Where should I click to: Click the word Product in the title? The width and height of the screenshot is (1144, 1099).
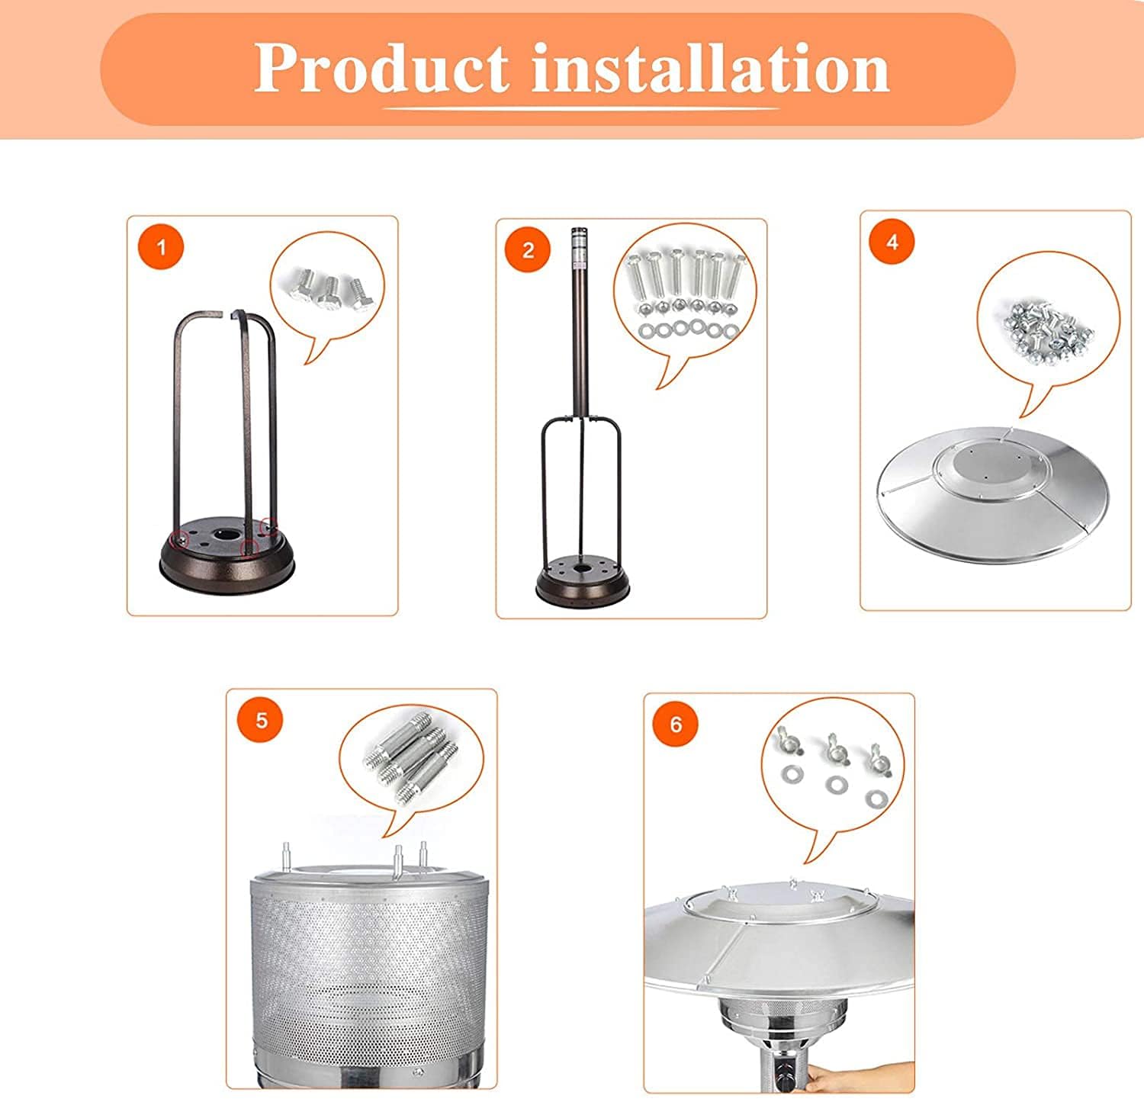pyautogui.click(x=381, y=68)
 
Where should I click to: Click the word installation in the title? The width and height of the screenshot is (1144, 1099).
pyautogui.click(x=712, y=68)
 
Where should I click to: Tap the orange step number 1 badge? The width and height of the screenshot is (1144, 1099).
pyautogui.click(x=161, y=247)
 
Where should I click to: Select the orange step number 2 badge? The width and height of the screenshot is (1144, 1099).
pyautogui.click(x=529, y=250)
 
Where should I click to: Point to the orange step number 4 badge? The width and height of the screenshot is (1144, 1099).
pyautogui.click(x=892, y=242)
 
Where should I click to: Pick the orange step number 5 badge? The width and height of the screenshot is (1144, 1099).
pyautogui.click(x=262, y=720)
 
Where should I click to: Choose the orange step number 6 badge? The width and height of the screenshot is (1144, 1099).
pyautogui.click(x=676, y=724)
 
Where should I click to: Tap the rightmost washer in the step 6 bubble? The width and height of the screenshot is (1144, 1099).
pyautogui.click(x=877, y=799)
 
